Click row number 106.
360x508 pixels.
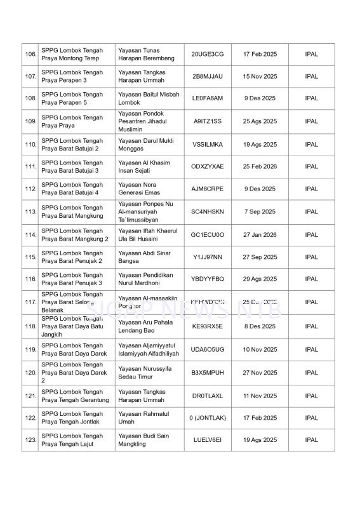30,55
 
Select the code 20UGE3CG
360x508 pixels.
208,55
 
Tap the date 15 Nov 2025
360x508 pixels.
260,76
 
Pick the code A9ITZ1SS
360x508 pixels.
208,121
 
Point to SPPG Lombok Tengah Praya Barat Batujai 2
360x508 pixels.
72,145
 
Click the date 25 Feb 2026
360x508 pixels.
260,166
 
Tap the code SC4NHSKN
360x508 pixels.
208,211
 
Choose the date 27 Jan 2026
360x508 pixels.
260,234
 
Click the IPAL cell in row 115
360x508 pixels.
311,257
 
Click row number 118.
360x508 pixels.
30,326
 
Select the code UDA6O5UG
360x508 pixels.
208,349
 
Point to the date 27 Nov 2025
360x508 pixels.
260,373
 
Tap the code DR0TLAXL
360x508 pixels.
208,396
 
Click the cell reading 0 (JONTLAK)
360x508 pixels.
208,418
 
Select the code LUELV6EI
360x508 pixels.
208,440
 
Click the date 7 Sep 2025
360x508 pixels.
260,211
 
